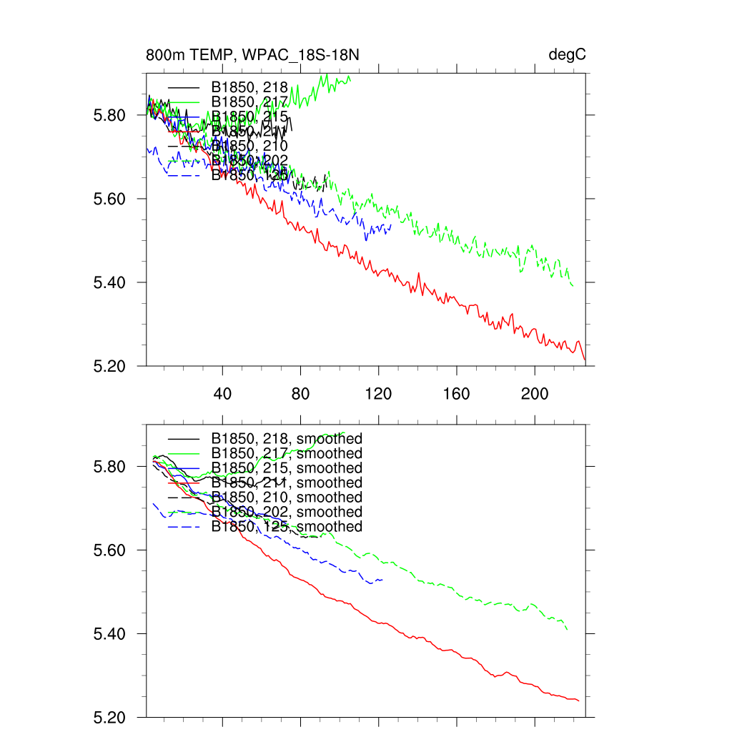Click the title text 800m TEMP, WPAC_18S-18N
[257, 55]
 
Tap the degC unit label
[568, 55]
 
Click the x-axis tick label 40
[223, 394]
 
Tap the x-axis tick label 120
[378, 394]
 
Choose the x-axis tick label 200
[534, 394]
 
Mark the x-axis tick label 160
[456, 394]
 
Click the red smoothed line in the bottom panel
[429, 640]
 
